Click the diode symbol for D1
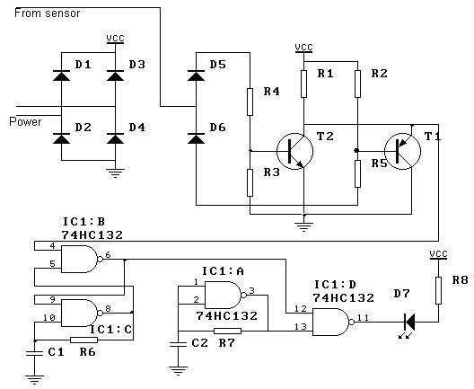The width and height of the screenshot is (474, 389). [61, 75]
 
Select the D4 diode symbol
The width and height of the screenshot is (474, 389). [115, 138]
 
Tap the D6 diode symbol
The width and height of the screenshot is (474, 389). [196, 138]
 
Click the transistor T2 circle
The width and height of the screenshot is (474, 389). [294, 151]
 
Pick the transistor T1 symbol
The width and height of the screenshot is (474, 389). [402, 151]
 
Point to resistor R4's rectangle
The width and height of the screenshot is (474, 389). [250, 102]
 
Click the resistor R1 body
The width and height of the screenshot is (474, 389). [303, 84]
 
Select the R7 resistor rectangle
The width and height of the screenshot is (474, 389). [228, 331]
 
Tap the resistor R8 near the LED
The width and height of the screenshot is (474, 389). [438, 290]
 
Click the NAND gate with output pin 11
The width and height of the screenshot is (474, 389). [333, 322]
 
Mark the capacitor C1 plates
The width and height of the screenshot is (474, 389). [34, 353]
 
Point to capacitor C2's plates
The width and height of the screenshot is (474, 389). [178, 344]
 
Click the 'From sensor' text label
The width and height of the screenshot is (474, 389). [48, 13]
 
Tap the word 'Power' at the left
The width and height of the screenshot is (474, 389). [25, 121]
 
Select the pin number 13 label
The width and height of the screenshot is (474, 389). [301, 327]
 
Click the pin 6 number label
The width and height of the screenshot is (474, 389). [108, 255]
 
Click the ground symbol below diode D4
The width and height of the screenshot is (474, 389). [115, 173]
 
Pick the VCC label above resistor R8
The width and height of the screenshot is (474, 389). [438, 254]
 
